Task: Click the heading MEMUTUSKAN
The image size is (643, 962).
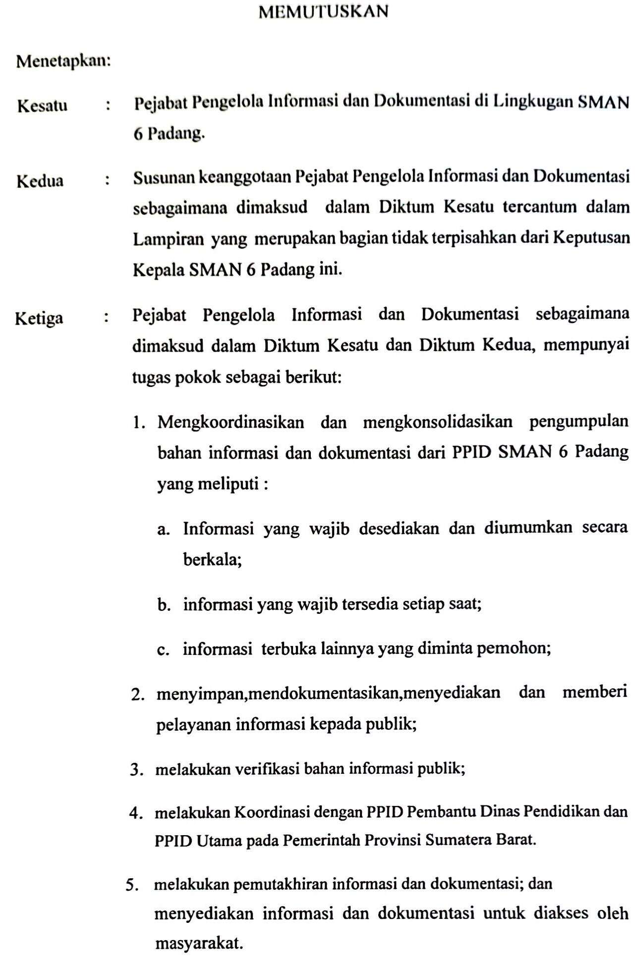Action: [323, 11]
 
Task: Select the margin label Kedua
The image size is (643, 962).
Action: [40, 181]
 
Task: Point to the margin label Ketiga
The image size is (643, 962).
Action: [39, 318]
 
